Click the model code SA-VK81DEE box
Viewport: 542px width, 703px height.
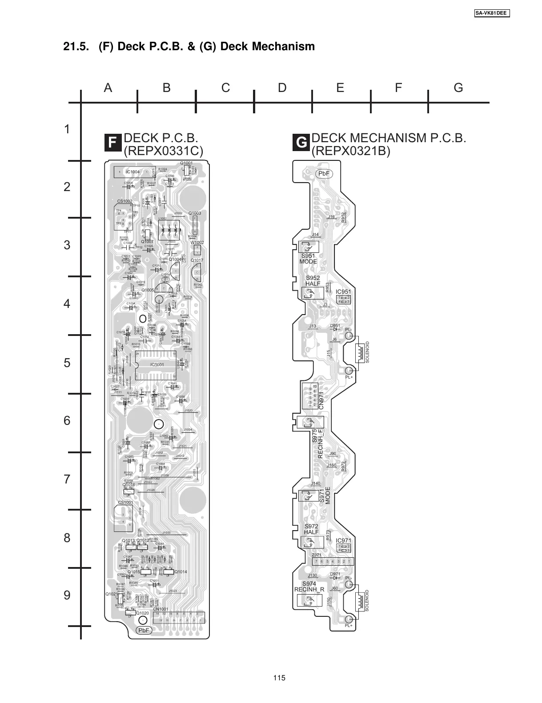[x=490, y=13]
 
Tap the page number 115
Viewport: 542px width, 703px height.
[x=279, y=678]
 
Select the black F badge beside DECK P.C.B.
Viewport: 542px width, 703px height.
[x=113, y=143]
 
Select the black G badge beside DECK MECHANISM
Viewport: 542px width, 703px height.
[x=301, y=143]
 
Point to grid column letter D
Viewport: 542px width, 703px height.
[x=282, y=88]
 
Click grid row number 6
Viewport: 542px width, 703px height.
[x=67, y=420]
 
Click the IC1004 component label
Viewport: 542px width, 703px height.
[x=132, y=172]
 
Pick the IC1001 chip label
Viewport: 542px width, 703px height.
[x=157, y=364]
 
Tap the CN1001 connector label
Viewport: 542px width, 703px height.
[x=161, y=609]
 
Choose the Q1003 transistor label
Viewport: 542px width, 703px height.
[x=195, y=213]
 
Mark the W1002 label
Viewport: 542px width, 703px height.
[x=197, y=243]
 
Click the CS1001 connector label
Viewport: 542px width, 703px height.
[x=125, y=503]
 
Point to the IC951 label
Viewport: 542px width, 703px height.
[x=343, y=292]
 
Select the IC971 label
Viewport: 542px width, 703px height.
[x=343, y=541]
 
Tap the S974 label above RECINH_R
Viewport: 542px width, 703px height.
[x=309, y=584]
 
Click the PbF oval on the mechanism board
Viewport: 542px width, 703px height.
[x=324, y=174]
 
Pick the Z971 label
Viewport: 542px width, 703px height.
[x=316, y=555]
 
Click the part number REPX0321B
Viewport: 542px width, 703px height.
[x=351, y=151]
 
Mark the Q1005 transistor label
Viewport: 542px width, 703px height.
[x=148, y=290]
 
